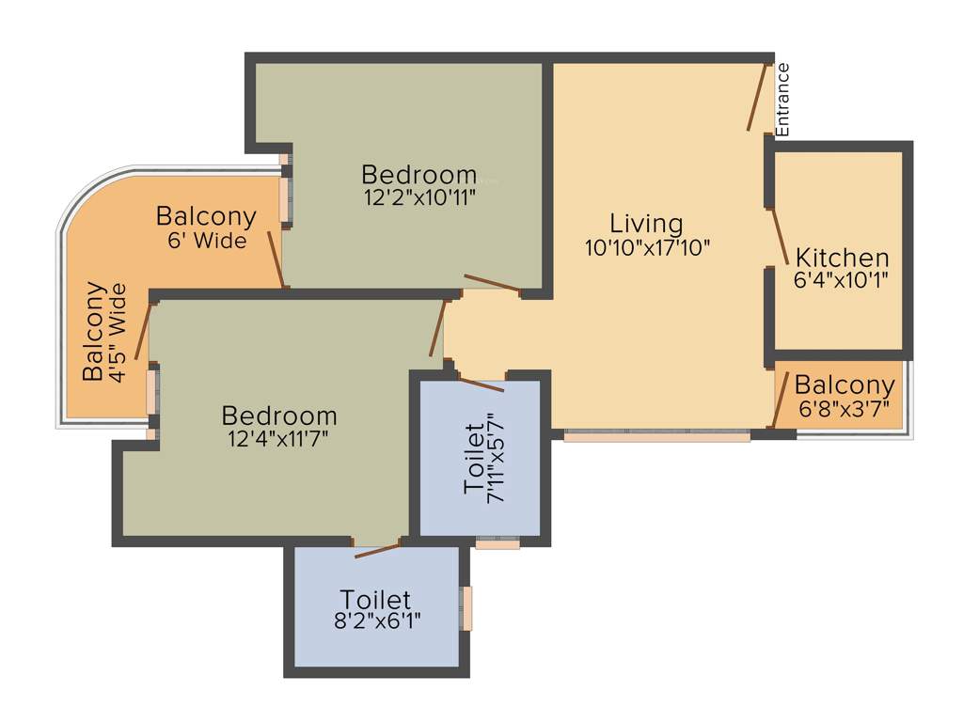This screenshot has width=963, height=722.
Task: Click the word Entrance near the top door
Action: coord(783,98)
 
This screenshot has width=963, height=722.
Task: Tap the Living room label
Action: coord(646,224)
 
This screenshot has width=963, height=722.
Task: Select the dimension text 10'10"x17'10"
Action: coord(646,247)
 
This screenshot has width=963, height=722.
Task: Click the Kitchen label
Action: coord(842,257)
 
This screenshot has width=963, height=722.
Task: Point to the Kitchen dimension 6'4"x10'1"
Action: coord(842,279)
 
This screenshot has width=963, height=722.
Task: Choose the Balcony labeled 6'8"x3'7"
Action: coord(844,385)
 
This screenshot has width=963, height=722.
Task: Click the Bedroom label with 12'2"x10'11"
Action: coord(418,175)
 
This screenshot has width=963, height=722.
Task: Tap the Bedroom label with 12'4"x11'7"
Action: coord(279,415)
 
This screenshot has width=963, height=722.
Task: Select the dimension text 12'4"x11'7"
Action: coord(279,437)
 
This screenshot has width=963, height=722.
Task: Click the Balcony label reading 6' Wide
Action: coord(206,216)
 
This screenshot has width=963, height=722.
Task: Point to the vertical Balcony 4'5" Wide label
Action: coord(93,331)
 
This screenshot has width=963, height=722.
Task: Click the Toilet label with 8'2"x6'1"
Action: coord(375,599)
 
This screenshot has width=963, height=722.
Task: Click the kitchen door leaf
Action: coord(780,238)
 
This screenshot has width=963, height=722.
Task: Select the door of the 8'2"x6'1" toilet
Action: coord(376,550)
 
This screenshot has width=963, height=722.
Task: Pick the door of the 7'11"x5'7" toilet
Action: coord(480,384)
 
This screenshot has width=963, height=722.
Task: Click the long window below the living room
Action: coord(656,436)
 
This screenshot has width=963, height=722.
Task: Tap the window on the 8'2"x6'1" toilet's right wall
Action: coord(465,608)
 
